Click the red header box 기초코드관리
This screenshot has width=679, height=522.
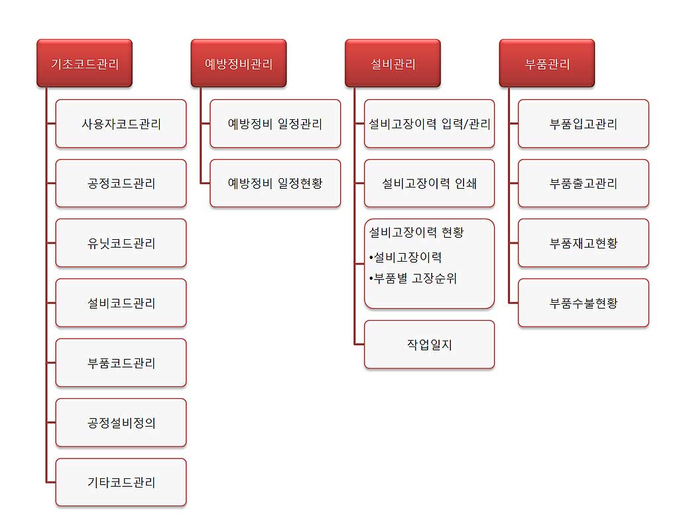click(x=84, y=63)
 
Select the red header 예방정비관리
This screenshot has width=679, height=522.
click(x=239, y=63)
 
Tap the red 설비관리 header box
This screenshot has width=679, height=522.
click(x=393, y=63)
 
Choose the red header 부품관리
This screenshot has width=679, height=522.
click(x=547, y=63)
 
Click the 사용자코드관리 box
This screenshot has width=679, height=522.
click(x=121, y=124)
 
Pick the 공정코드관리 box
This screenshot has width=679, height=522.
click(x=121, y=183)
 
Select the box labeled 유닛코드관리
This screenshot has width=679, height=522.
click(x=121, y=243)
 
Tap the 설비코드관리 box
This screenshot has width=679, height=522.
click(x=121, y=303)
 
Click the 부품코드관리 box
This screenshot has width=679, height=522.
click(x=121, y=362)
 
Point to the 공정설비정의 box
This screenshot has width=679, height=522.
click(x=121, y=423)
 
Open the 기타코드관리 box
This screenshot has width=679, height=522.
click(x=121, y=482)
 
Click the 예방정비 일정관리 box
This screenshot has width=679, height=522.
click(x=275, y=124)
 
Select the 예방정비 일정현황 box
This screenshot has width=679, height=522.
click(x=275, y=183)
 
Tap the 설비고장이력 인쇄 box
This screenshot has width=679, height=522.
click(x=429, y=183)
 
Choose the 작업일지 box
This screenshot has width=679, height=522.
click(x=429, y=344)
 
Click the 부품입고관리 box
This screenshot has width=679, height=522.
click(x=584, y=124)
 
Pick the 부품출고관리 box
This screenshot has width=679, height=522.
click(x=584, y=183)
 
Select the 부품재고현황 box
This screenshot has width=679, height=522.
click(x=584, y=243)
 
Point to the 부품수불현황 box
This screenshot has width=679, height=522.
click(x=584, y=303)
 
